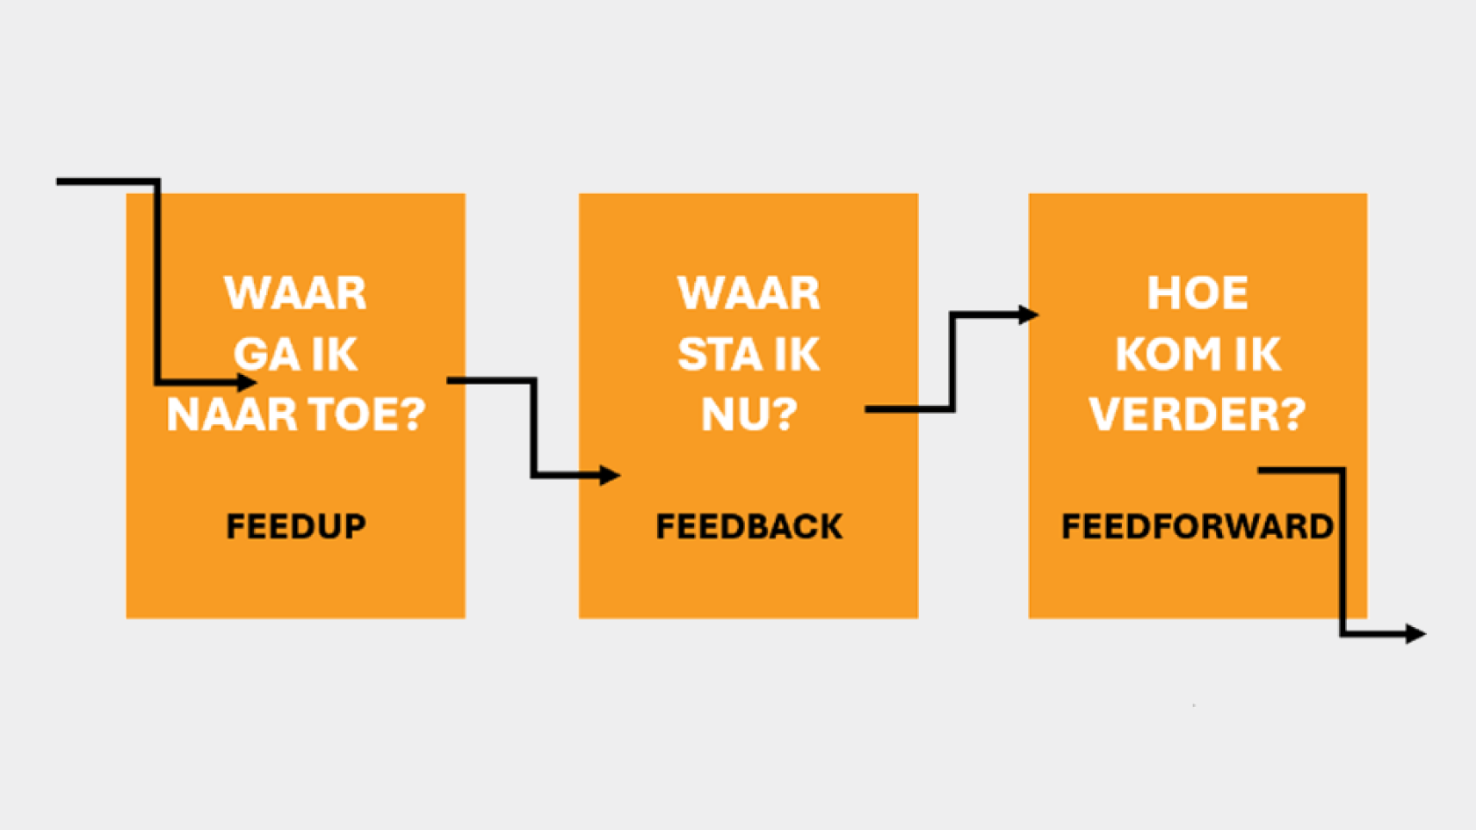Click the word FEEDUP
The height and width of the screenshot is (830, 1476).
(296, 526)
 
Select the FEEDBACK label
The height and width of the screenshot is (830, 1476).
(749, 526)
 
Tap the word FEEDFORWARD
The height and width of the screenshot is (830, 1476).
(1197, 526)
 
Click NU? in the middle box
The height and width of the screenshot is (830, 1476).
(749, 415)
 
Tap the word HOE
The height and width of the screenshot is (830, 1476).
(1198, 293)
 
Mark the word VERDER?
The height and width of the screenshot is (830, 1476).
(1197, 415)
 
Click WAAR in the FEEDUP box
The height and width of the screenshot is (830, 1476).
(295, 293)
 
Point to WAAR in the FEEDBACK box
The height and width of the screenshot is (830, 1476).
(749, 293)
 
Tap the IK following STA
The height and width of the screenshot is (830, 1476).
(793, 355)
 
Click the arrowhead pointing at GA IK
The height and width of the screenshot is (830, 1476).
(247, 382)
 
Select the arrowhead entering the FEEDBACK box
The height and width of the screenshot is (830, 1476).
(610, 475)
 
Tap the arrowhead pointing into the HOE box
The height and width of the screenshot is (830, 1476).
(1029, 314)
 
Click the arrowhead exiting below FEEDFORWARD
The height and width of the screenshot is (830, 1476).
(1416, 634)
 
